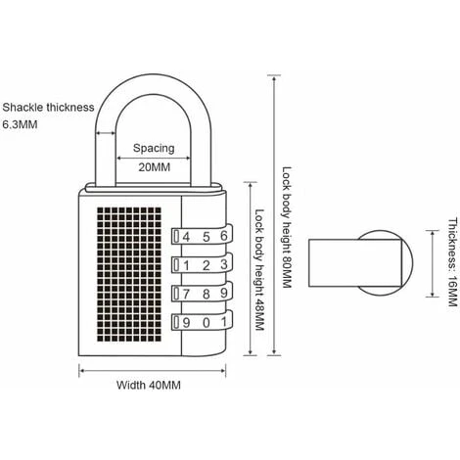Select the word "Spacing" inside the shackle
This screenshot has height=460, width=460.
click(x=153, y=149)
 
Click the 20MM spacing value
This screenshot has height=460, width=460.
click(x=153, y=166)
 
